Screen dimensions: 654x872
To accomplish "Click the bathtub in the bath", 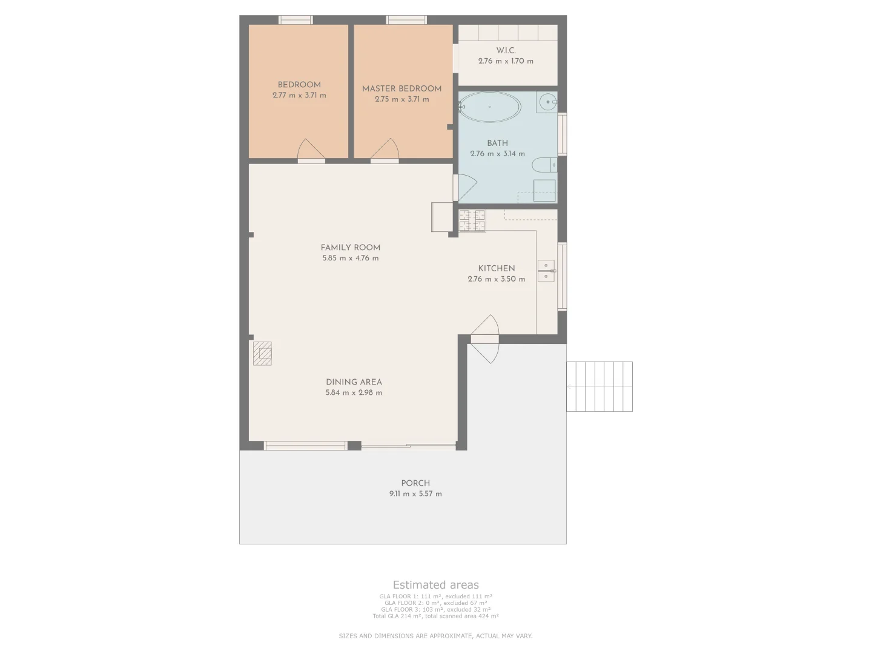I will tap(490, 107).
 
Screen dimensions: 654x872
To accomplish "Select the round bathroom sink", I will tap(548, 102).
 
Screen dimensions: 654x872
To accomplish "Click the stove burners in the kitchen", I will tap(472, 220).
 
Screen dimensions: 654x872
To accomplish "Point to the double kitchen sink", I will tap(546, 271).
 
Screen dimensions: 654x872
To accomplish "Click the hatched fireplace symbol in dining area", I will tap(262, 353).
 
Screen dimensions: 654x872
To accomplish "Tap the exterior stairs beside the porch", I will tap(599, 386).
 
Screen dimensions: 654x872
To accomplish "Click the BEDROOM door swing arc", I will tap(311, 149).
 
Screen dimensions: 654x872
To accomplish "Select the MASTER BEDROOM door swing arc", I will tap(385, 149).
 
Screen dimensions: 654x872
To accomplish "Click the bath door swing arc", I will tap(467, 187).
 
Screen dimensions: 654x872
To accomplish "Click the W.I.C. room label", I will tap(506, 51).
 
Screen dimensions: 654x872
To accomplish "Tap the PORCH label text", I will tap(415, 483).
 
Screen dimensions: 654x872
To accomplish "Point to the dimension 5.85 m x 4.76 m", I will tap(351, 258).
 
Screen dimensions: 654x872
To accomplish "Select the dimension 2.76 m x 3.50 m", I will tap(496, 279).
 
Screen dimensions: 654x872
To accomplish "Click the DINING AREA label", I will tap(354, 382).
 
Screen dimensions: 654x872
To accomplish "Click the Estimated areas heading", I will tap(435, 585).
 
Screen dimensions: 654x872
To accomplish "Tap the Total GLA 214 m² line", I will tap(435, 616).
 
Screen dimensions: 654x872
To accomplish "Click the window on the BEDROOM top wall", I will tap(296, 20).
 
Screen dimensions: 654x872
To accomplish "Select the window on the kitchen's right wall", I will tap(562, 276).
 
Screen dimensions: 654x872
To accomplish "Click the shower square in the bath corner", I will tap(544, 190).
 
